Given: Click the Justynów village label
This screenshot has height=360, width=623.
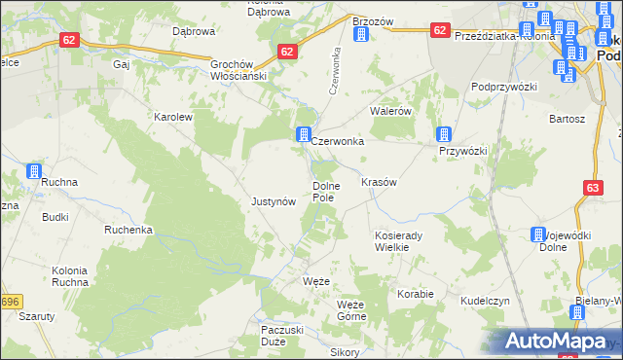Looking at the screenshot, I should (x=273, y=201).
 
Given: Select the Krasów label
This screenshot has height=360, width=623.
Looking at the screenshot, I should (x=379, y=182).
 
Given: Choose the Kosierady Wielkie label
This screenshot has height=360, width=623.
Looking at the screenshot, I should (x=400, y=240).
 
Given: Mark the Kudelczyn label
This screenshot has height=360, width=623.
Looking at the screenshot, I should (x=486, y=301).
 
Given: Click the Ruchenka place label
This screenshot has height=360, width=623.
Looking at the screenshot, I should (x=128, y=230).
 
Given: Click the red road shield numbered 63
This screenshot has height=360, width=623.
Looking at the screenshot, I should (x=594, y=187).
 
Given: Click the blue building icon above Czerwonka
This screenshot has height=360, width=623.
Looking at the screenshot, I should (x=304, y=133).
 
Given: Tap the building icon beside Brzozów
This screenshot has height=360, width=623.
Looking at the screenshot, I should (x=362, y=35).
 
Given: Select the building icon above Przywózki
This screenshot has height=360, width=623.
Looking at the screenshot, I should (x=445, y=134).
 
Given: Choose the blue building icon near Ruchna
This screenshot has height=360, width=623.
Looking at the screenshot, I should (x=34, y=171).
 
